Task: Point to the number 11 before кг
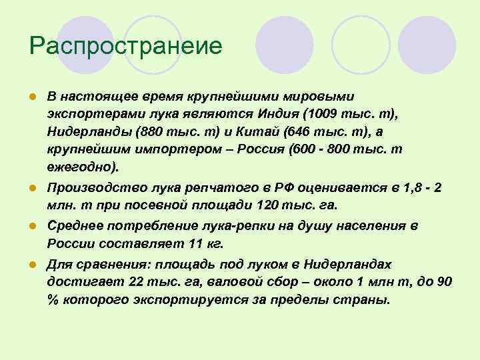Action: tap(194, 244)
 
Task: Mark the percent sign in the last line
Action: tap(53, 299)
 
